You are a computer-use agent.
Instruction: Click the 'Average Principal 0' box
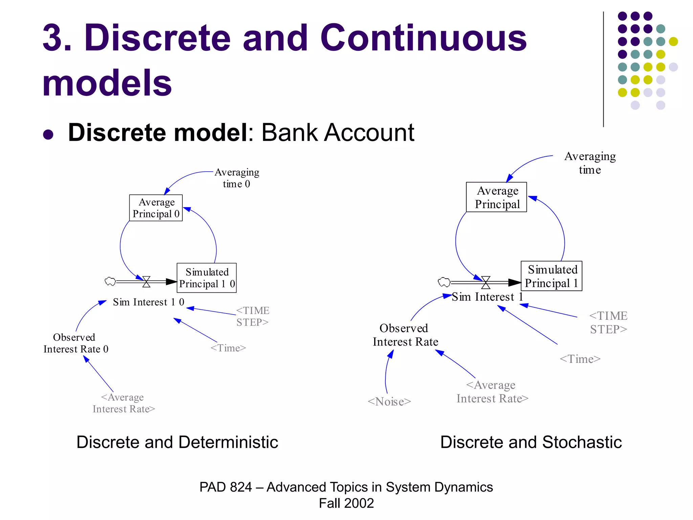click(156, 208)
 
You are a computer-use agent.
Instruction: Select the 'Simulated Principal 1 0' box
click(206, 278)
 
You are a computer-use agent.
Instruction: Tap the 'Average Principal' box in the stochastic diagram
click(496, 197)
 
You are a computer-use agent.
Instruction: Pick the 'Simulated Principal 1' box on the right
click(551, 276)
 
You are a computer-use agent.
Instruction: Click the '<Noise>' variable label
click(389, 402)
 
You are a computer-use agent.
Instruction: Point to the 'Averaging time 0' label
click(237, 178)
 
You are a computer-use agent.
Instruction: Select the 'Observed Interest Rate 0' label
click(76, 343)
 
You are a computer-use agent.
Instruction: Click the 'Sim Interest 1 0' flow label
click(149, 302)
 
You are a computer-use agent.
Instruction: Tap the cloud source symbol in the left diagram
click(110, 281)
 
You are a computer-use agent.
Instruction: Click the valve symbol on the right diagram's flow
click(486, 282)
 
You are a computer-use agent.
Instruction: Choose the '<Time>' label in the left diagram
click(228, 348)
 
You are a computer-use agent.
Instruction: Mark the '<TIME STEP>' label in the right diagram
click(608, 323)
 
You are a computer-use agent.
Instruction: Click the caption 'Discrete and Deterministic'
click(177, 442)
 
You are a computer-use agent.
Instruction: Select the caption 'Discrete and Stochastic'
click(531, 442)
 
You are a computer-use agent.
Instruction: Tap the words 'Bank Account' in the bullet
click(338, 132)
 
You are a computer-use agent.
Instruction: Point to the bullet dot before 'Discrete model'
click(48, 134)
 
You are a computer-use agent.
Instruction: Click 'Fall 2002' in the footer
click(346, 503)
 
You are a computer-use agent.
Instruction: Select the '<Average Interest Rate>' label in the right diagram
click(492, 392)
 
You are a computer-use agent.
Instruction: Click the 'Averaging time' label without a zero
click(590, 163)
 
